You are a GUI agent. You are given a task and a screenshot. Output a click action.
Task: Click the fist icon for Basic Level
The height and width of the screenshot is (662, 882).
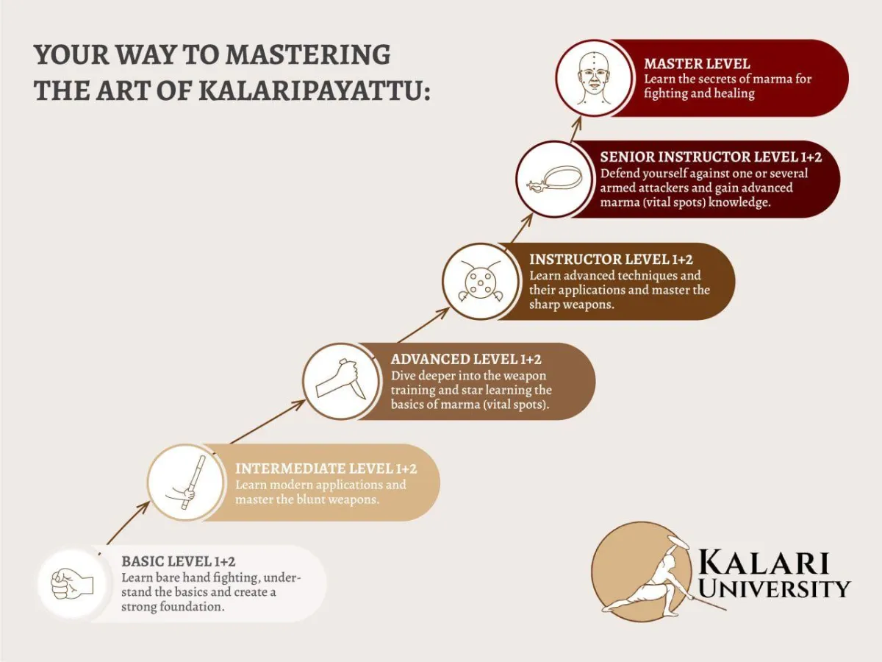pos(72,584)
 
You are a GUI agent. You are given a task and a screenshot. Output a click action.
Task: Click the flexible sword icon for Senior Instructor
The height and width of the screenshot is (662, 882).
pos(553,179)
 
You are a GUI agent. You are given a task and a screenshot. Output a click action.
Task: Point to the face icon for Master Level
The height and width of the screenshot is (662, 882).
pos(593,77)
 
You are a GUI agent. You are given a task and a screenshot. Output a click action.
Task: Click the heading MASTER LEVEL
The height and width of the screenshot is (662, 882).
pos(697,64)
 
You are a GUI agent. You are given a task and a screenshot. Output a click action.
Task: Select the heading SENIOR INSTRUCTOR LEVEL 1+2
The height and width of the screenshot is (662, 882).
pos(709,157)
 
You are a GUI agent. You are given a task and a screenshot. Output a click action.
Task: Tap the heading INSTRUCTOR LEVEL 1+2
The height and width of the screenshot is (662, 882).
pos(611,259)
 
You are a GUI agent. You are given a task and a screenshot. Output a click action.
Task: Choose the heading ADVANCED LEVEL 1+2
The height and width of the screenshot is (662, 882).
pos(466,359)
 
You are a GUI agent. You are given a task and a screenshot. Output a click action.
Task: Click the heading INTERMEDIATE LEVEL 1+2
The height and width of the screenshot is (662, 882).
pos(326,469)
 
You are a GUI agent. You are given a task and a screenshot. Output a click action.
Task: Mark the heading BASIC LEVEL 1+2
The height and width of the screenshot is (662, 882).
pos(178,562)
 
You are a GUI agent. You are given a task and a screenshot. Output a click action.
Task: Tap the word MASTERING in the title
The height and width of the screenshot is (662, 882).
pos(308,54)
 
